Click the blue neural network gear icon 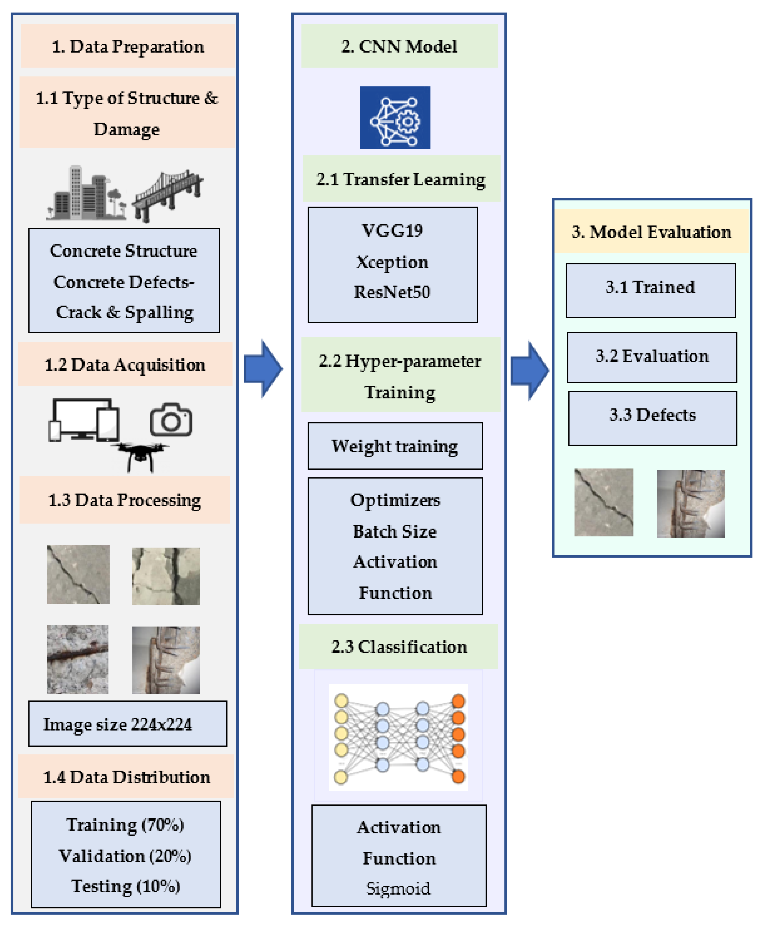[395, 117]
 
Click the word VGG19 [392, 231]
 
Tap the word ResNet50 [392, 292]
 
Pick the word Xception [392, 262]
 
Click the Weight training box [395, 446]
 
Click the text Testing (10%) [126, 886]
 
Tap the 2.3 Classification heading [398, 647]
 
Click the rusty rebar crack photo [78, 659]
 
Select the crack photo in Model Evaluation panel [604, 502]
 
